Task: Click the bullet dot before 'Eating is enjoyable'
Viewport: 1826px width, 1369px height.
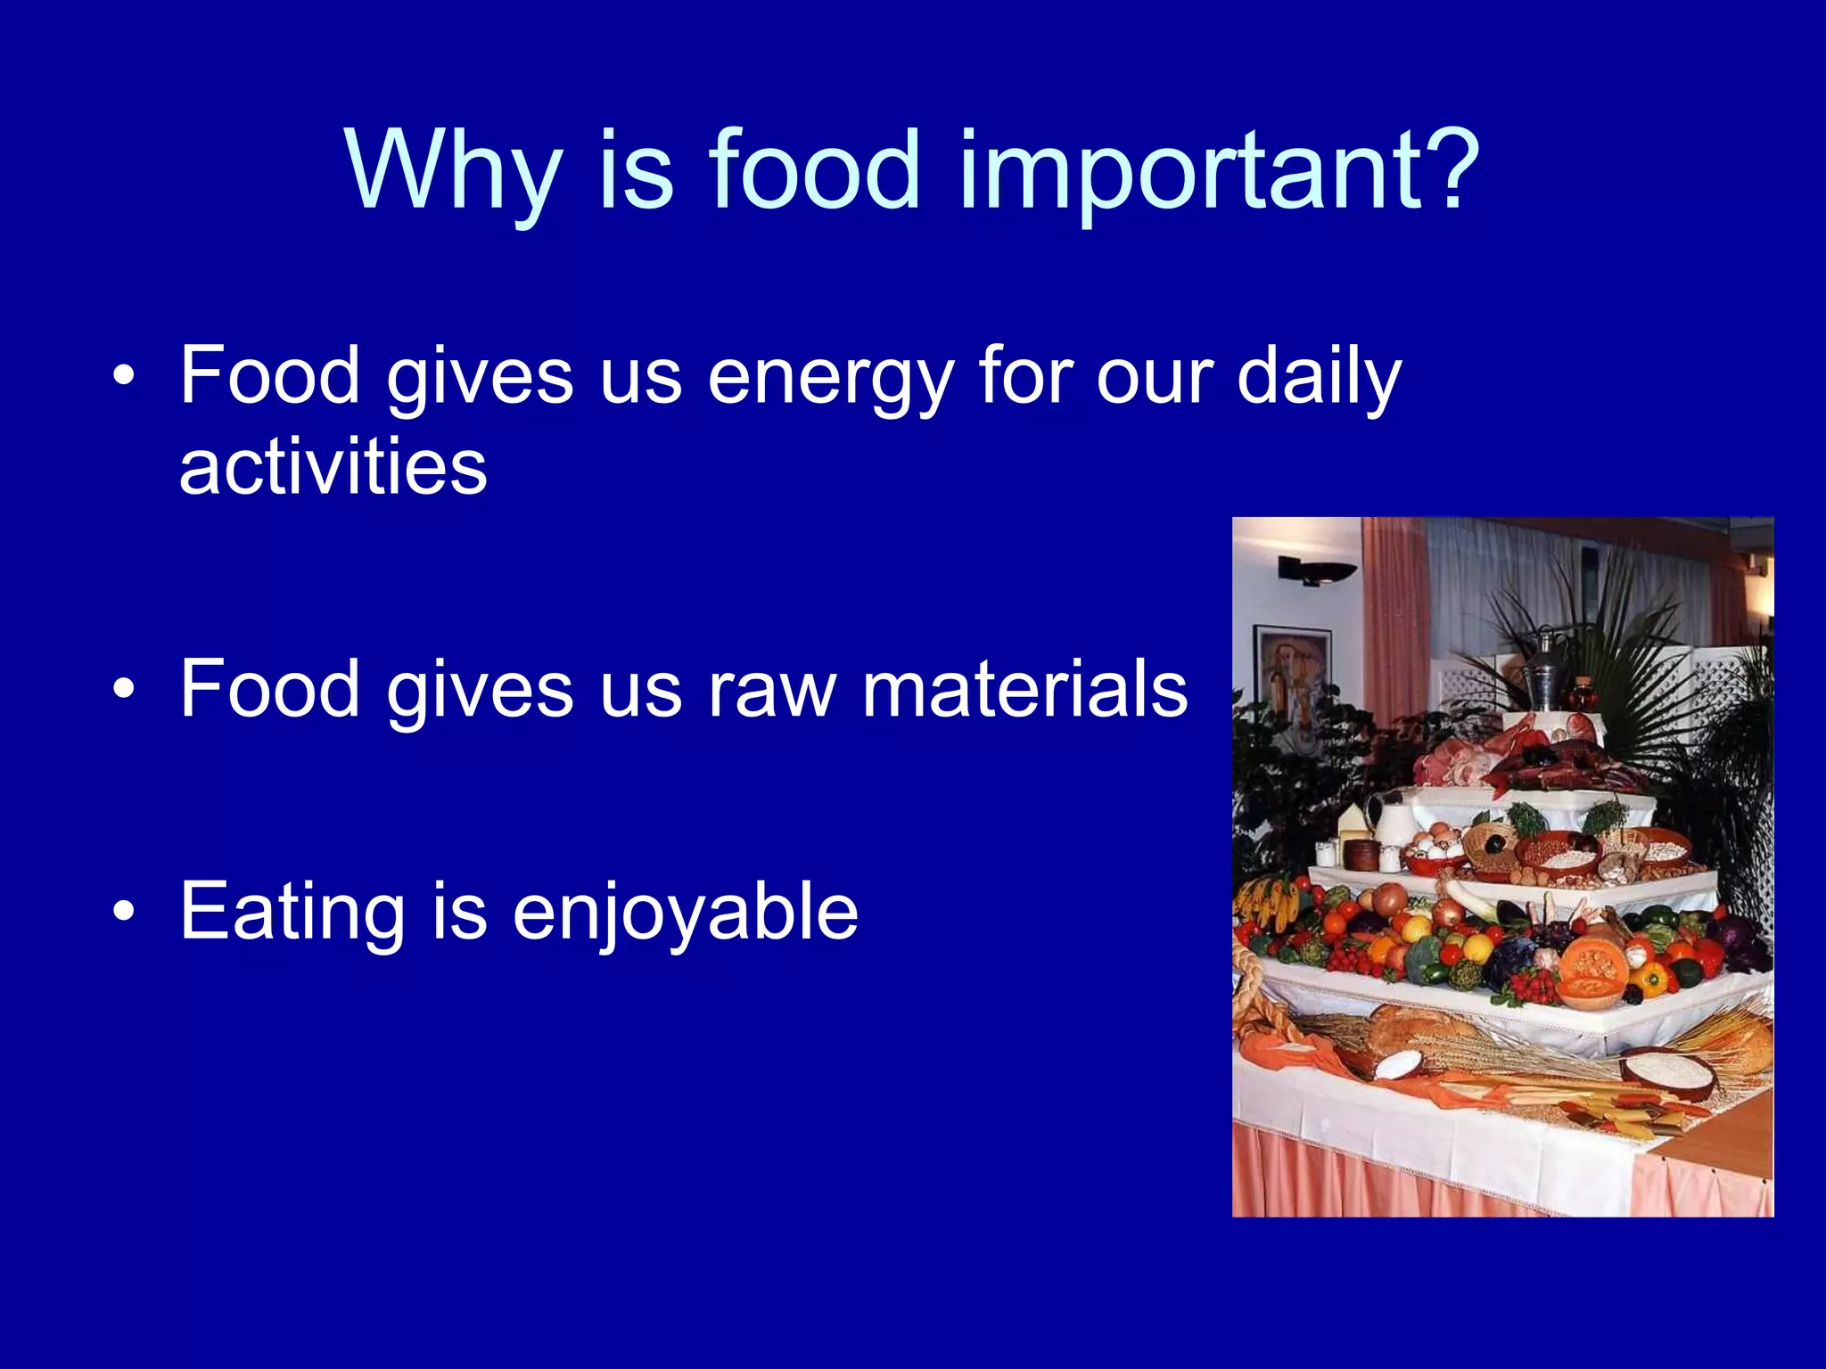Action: point(124,912)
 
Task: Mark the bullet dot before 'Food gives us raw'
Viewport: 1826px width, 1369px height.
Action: point(124,689)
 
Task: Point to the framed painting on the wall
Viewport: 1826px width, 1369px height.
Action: point(1290,668)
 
